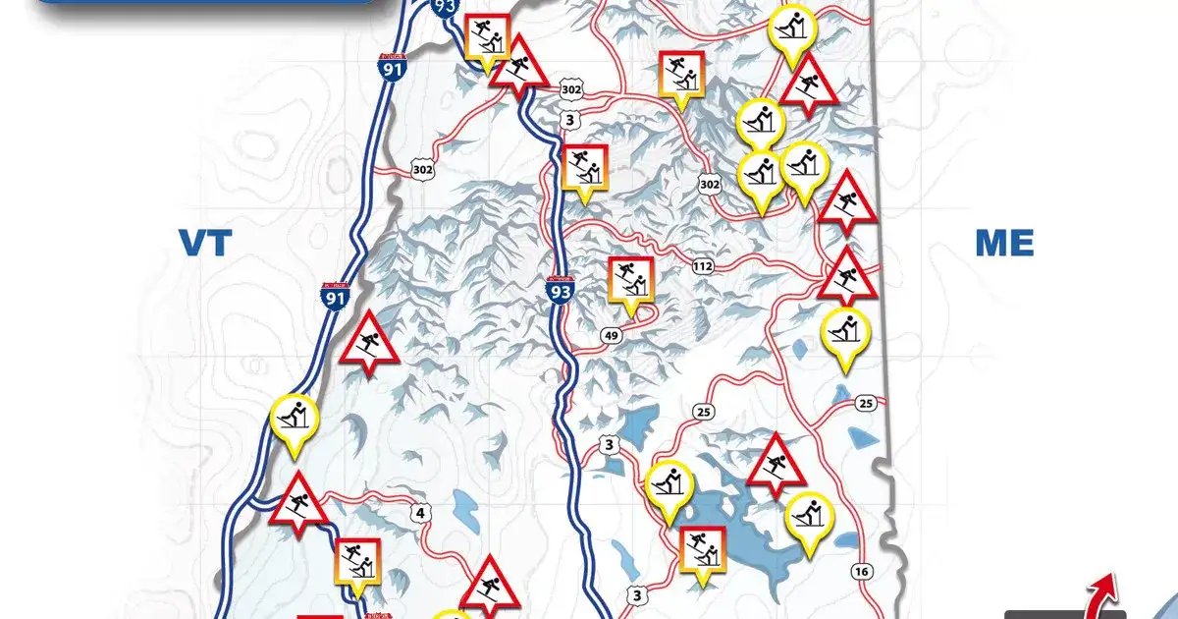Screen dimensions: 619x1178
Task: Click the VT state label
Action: [203, 242]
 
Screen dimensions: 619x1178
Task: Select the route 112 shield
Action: [703, 266]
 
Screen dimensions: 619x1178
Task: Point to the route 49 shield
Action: [612, 337]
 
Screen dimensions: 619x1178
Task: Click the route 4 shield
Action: [422, 512]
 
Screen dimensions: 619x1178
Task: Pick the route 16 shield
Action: [863, 572]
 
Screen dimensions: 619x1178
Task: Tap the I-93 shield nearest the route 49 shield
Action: [560, 290]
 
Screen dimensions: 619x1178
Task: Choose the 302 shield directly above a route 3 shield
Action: [571, 90]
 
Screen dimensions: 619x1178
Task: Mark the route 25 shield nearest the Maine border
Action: [865, 403]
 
